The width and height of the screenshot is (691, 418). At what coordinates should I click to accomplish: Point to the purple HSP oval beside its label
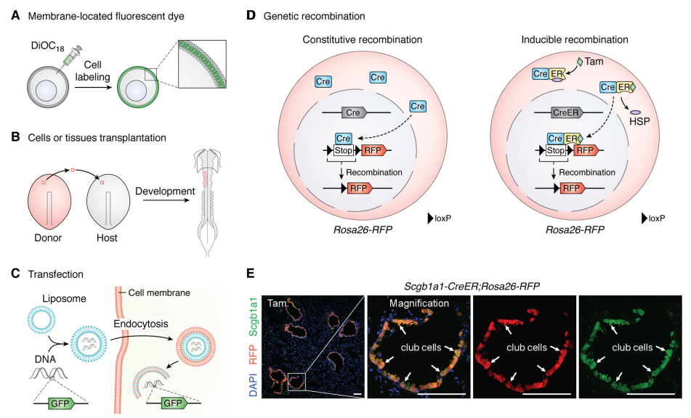coord(634,112)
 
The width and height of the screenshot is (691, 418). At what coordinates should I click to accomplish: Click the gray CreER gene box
coord(564,112)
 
